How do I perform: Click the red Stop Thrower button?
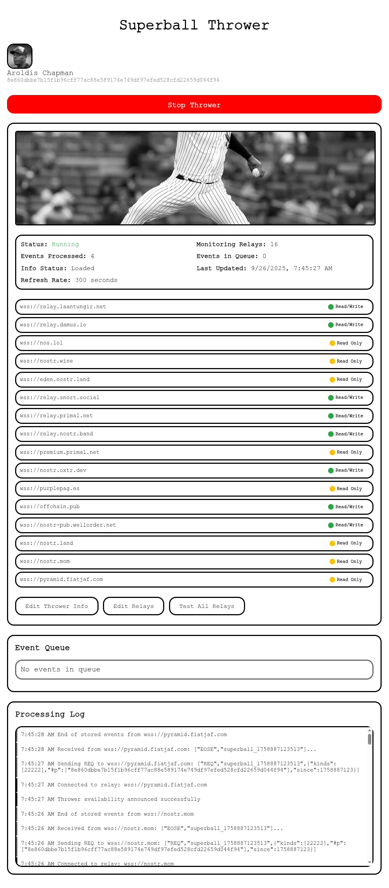(194, 105)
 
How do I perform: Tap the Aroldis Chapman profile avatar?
(20, 56)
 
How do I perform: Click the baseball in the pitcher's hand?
(256, 172)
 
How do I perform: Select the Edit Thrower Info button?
(57, 606)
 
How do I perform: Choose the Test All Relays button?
(207, 606)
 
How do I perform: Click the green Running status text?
(65, 244)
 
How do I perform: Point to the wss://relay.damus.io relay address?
(53, 325)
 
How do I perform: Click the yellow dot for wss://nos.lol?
(332, 343)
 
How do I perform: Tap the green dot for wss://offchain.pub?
(331, 507)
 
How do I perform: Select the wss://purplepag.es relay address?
(50, 489)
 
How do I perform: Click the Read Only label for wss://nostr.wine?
(349, 361)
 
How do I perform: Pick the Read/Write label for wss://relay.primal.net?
(349, 416)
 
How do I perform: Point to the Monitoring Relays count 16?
(274, 244)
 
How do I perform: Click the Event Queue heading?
(42, 647)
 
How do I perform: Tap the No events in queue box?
(194, 669)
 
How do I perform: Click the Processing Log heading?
(50, 714)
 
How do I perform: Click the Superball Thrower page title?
(194, 25)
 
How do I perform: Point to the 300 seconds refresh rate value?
(96, 280)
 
